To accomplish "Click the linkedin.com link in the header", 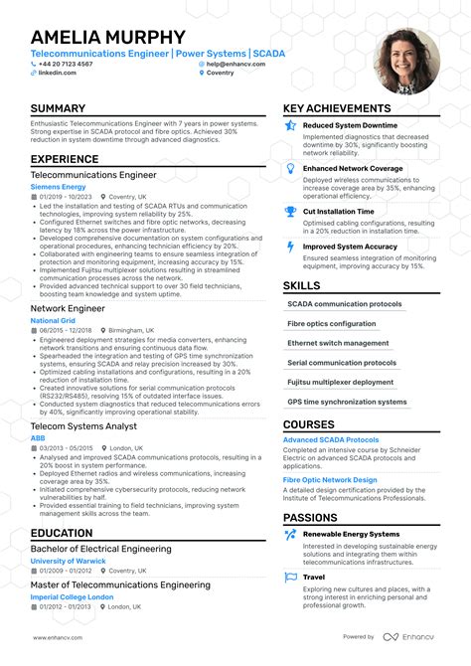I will point(58,73).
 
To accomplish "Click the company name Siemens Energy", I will point(59,186).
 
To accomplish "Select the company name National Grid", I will point(54,321).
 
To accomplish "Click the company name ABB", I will point(38,437).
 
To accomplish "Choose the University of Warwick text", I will point(69,561).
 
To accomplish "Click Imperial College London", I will point(73,596).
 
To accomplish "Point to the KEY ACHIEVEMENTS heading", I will point(336,108).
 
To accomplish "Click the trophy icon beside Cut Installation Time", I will point(290,212).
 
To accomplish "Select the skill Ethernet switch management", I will point(338,343).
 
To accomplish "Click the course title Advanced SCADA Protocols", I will point(331,439).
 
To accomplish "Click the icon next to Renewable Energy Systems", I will point(290,534).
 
